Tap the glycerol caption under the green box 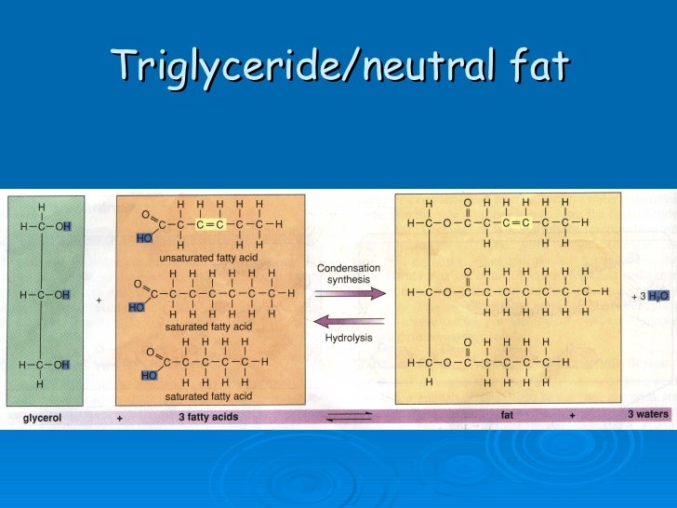[x=42, y=418]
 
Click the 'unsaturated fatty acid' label [x=207, y=256]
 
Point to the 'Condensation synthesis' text [x=349, y=274]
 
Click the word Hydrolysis [x=349, y=338]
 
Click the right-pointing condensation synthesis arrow [x=350, y=293]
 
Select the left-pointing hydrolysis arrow [x=350, y=320]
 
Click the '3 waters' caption [x=646, y=415]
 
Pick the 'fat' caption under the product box [x=507, y=416]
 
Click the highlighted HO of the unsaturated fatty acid [x=144, y=238]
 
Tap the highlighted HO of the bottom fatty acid [x=149, y=375]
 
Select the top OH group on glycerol [x=61, y=226]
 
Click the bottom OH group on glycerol [x=61, y=364]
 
